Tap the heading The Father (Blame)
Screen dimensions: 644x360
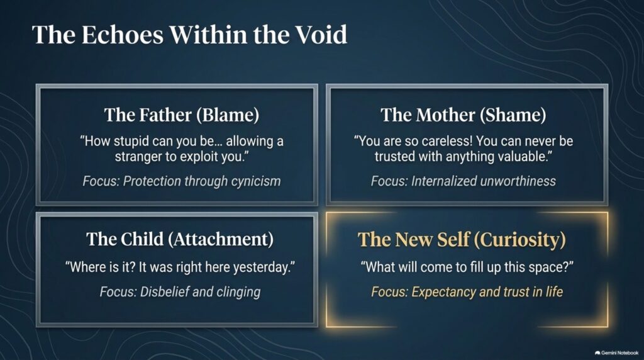[182, 115]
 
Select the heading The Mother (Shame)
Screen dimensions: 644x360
[464, 115]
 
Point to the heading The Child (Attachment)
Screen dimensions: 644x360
[180, 239]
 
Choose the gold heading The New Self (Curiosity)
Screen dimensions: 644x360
[462, 239]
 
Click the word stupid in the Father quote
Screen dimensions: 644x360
[131, 141]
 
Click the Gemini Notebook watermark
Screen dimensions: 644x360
[616, 352]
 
